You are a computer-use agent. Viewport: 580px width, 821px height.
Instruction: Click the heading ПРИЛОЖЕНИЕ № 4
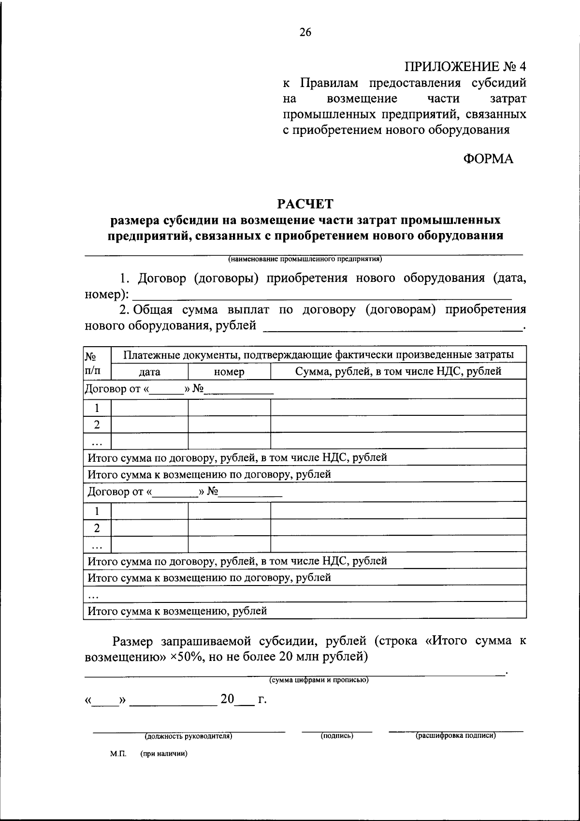pos(465,67)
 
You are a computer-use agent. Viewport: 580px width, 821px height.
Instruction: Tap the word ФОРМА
pos(489,158)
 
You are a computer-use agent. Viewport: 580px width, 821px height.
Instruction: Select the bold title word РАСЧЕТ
pos(305,204)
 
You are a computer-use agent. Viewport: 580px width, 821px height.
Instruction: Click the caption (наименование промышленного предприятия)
pos(305,259)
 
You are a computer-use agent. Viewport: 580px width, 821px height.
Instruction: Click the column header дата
pos(149,372)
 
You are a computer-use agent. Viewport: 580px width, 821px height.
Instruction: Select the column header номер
pos(229,372)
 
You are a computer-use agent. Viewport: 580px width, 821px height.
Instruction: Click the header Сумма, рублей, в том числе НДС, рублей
pos(398,371)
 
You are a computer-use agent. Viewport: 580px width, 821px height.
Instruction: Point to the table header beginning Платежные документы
pos(318,355)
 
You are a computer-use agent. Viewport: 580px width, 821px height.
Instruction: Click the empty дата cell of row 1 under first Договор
pos(149,408)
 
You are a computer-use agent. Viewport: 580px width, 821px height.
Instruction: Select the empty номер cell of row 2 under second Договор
pos(229,528)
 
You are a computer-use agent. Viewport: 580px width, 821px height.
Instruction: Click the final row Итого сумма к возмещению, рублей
pos(177,611)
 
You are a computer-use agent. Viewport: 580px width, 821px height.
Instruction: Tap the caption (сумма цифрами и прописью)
pos(319,680)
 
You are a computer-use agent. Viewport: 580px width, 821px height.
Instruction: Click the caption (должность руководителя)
pos(188,736)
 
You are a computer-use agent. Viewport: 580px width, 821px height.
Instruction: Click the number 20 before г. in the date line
pos(227,699)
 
